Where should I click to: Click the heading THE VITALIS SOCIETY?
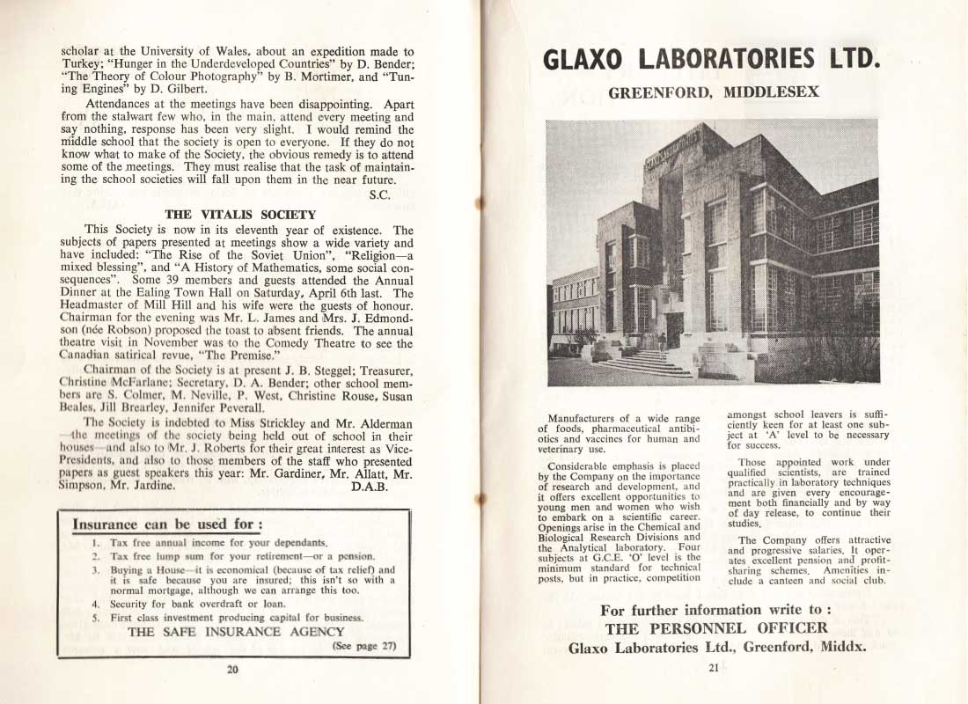click(240, 214)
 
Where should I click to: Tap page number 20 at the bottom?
click(232, 669)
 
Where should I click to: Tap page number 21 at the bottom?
click(713, 668)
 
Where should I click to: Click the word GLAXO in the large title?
click(586, 59)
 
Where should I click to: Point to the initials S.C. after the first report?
click(380, 194)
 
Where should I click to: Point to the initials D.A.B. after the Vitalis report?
click(370, 484)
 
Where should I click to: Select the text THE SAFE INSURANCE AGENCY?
click(236, 631)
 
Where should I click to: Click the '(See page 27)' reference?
click(363, 646)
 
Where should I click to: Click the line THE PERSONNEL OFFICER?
click(716, 627)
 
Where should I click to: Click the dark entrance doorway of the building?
click(675, 329)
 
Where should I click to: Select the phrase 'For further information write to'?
click(715, 610)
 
